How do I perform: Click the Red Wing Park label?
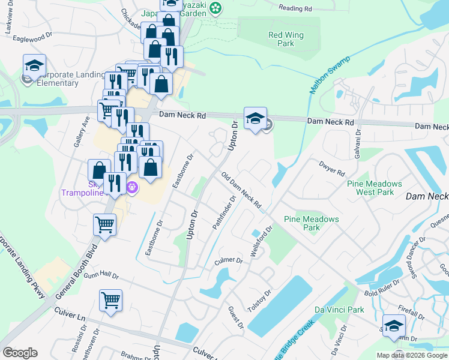pyautogui.click(x=286, y=39)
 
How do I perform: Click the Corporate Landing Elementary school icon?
pyautogui.click(x=35, y=67)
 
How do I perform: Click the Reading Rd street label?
pyautogui.click(x=296, y=8)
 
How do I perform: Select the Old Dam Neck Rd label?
pyautogui.click(x=241, y=191)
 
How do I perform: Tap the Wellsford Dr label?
pyautogui.click(x=262, y=241)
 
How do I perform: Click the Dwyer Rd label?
pyautogui.click(x=332, y=169)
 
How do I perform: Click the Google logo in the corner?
pyautogui.click(x=20, y=352)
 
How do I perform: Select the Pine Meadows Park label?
pyautogui.click(x=311, y=223)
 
